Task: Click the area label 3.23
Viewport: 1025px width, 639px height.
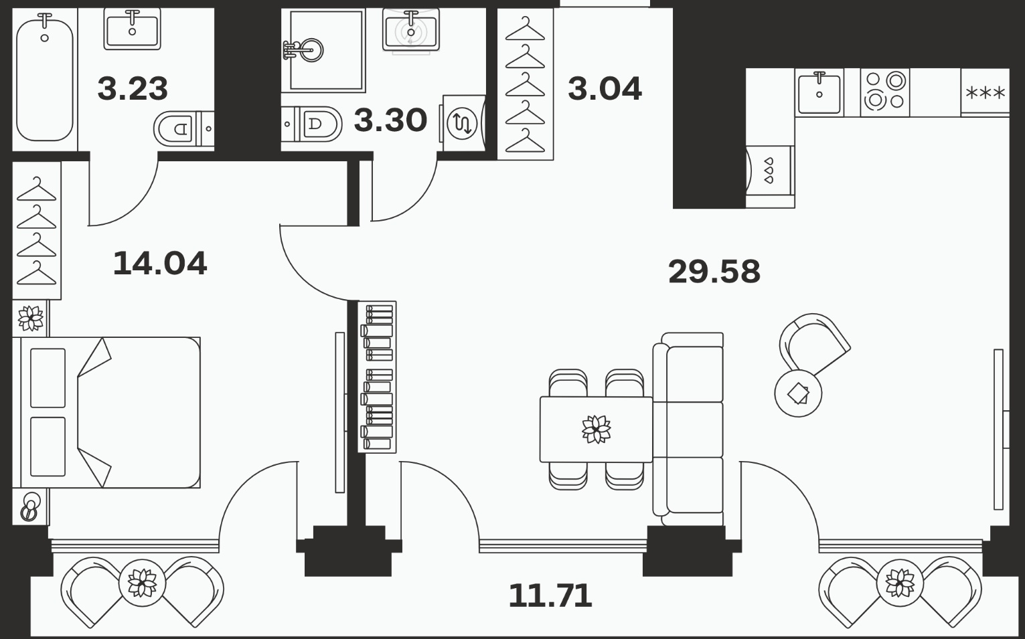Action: point(133,89)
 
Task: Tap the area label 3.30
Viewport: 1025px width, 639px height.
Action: point(390,120)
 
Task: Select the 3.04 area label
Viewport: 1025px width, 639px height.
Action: point(605,89)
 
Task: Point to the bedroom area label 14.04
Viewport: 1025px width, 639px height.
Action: point(160,264)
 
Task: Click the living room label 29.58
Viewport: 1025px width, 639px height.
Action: point(714,272)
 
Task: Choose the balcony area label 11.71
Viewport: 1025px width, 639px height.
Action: point(550,596)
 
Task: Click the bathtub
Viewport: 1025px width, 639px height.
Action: point(44,77)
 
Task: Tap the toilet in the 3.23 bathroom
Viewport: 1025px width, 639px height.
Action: point(183,129)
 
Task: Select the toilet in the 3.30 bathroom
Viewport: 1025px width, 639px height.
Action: point(312,124)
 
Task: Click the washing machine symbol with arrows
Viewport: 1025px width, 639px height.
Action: point(463,123)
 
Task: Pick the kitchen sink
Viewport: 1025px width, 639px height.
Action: point(819,93)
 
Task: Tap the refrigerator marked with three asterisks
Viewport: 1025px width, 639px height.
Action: point(985,93)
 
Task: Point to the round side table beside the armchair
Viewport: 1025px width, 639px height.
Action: point(798,393)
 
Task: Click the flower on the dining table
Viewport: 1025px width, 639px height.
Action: point(597,429)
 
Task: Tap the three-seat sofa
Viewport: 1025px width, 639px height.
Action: point(688,429)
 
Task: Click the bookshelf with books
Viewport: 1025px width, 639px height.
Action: point(377,377)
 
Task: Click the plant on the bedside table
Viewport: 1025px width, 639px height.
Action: point(30,318)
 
